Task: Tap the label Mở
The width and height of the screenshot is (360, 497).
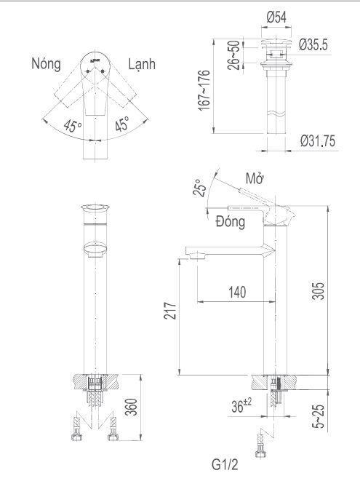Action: (255, 179)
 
